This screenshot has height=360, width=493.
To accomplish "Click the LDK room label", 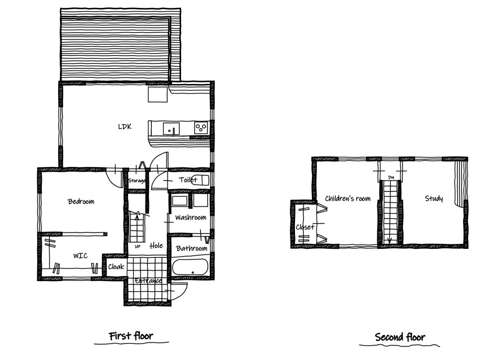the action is (125, 127).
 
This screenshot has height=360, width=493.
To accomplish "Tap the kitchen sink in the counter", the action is (171, 129).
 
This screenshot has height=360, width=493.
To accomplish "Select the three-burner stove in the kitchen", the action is (201, 128).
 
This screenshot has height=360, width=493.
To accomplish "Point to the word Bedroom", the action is (81, 201).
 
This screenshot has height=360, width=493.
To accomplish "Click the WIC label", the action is (81, 256).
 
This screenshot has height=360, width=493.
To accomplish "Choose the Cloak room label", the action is (116, 267).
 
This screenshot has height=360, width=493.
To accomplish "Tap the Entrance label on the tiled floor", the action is (148, 281).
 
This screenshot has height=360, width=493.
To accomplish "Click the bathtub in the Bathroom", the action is (190, 267).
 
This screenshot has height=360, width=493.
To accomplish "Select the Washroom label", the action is (191, 217).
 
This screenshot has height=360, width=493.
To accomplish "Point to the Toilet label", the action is (188, 179).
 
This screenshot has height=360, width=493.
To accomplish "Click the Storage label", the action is (137, 181).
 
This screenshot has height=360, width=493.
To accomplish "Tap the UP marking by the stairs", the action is (138, 247).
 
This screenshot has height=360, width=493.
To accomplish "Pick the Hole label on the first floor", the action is (156, 245).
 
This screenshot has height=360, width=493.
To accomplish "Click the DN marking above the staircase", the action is (391, 178).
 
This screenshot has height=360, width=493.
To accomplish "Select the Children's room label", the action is (347, 199).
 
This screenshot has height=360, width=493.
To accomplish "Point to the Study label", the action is (434, 199).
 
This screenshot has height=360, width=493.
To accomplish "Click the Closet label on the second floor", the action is (305, 227).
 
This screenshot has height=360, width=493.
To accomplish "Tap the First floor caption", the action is (131, 336).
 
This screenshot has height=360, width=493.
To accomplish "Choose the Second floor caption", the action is (400, 337).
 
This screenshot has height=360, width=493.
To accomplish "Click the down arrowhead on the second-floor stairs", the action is (389, 240).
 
